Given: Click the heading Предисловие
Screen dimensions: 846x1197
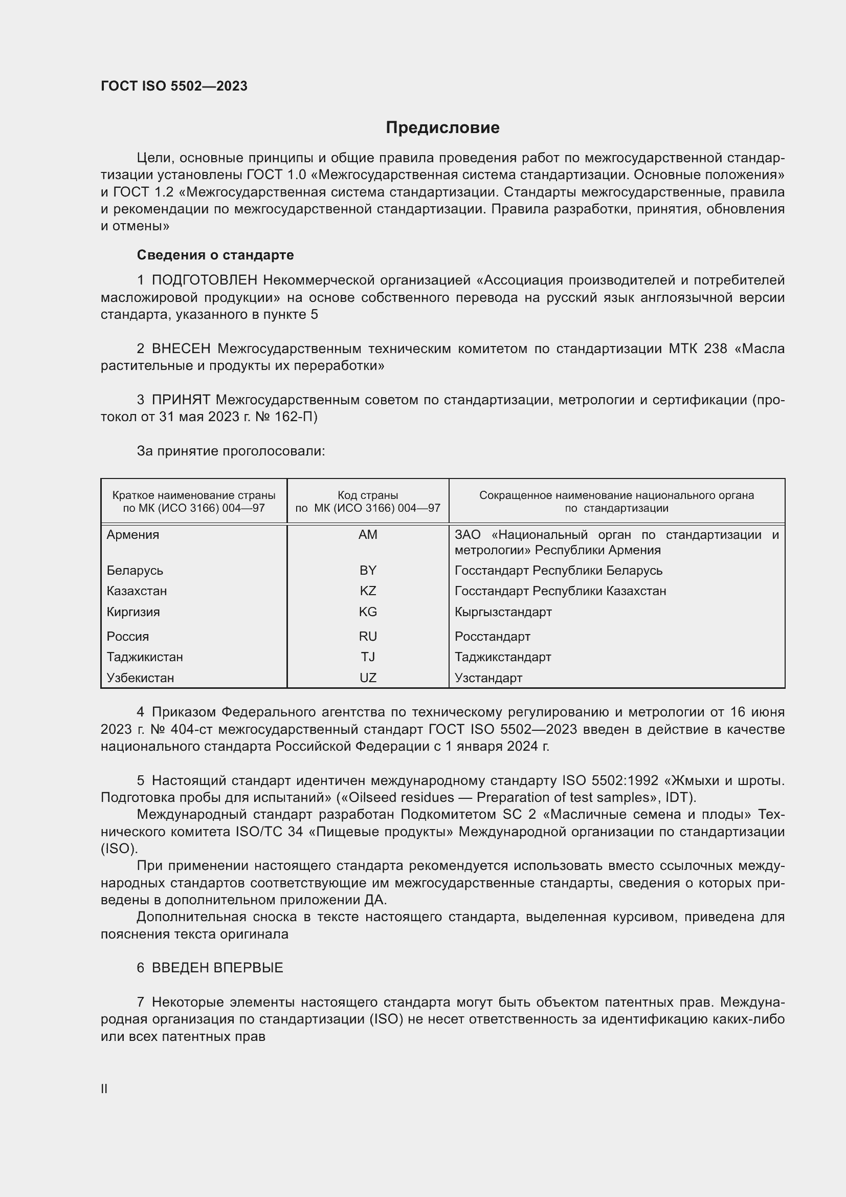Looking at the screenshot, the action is (x=442, y=128).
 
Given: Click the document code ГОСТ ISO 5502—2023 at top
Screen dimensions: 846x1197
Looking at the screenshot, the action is (x=174, y=86).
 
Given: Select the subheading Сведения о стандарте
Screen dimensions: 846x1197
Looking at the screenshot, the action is (x=215, y=255).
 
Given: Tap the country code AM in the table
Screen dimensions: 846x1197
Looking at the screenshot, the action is (x=368, y=534).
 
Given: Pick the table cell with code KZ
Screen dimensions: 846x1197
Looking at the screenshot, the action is (x=368, y=591).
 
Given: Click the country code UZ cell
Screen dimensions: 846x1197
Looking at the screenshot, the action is (x=368, y=678).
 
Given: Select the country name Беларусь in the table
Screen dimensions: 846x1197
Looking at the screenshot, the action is (x=135, y=570).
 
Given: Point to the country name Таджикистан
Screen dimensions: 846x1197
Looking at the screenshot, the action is (x=145, y=657).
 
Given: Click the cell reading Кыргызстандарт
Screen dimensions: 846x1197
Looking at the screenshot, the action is (x=503, y=612).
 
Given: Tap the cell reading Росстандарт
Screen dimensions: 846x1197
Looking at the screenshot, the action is (x=492, y=637).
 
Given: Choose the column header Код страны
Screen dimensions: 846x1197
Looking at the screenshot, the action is (x=368, y=495).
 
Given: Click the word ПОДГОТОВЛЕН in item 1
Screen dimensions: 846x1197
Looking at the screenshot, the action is (x=204, y=280).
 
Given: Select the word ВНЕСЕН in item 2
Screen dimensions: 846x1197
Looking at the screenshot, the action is (x=181, y=349).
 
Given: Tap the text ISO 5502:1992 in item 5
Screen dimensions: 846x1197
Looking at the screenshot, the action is (x=610, y=780).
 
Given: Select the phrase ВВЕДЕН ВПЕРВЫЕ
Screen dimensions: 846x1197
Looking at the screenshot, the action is (x=217, y=968).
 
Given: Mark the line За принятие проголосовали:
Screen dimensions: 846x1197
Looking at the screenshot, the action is (x=231, y=451).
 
